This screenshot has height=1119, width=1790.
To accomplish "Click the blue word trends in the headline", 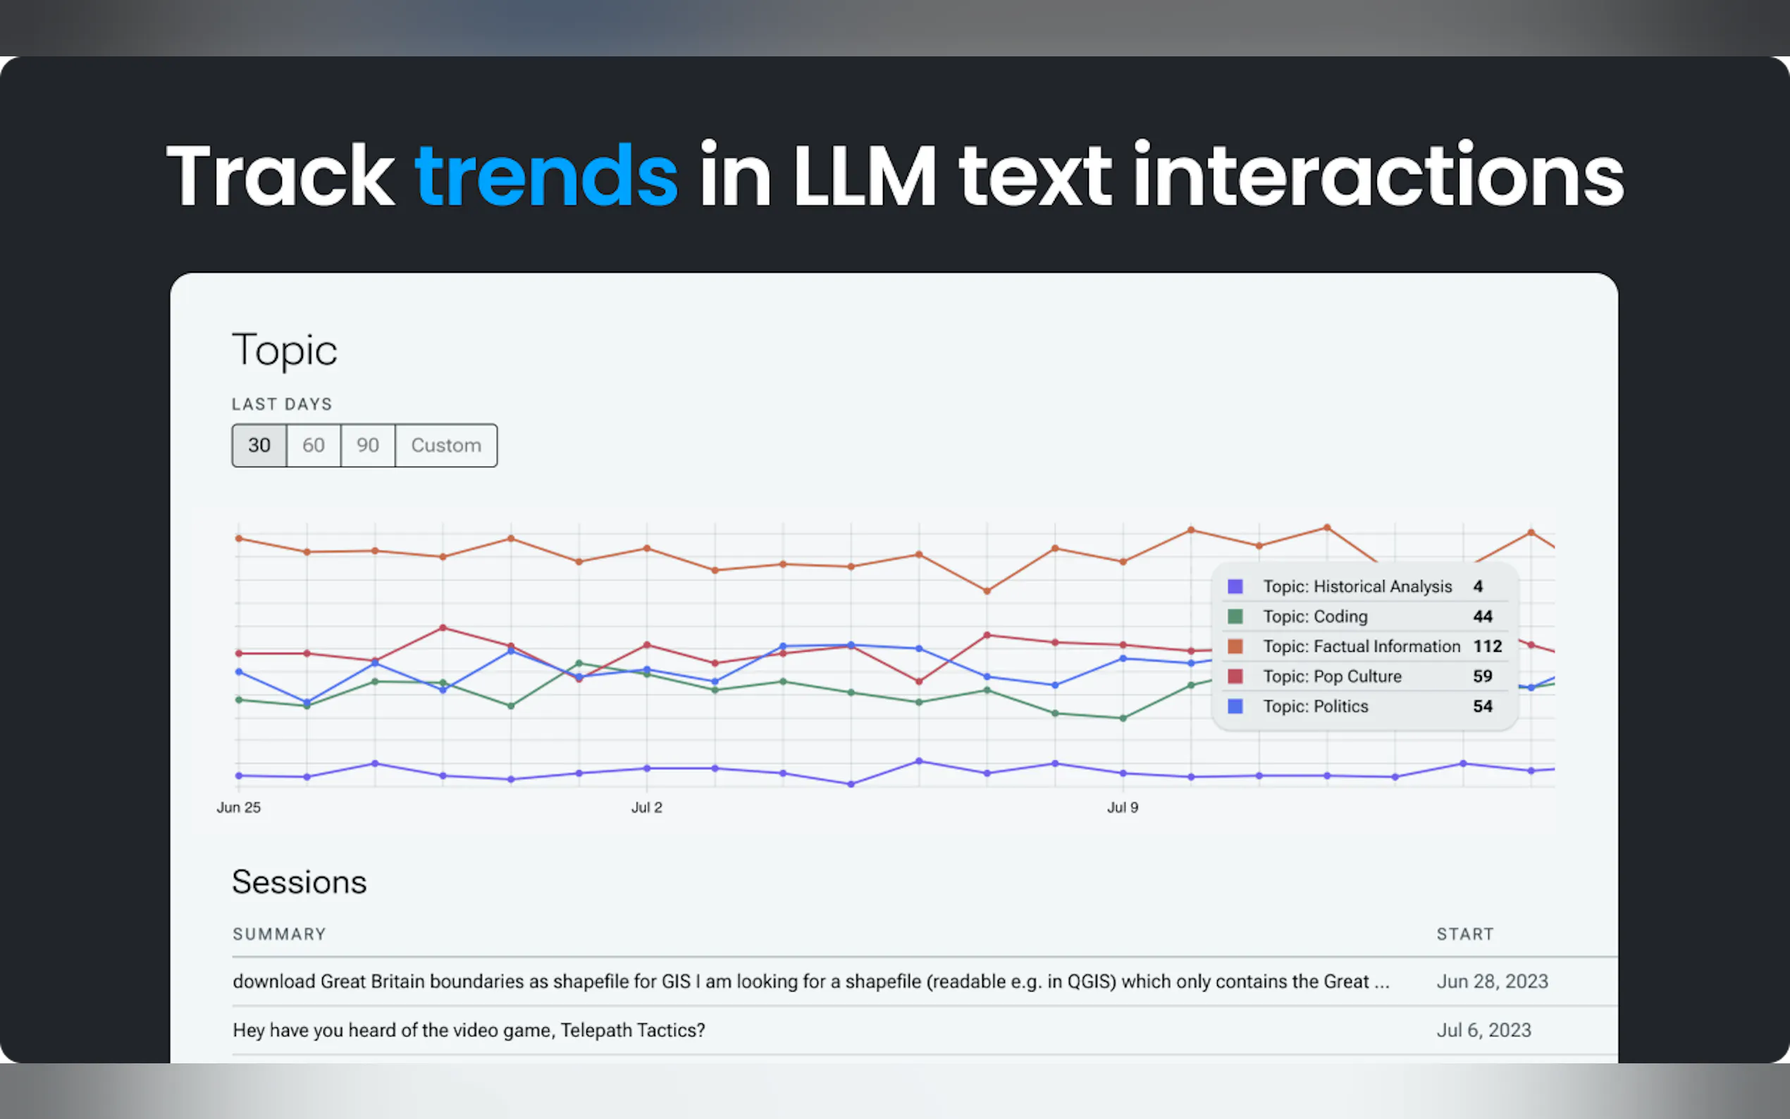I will (546, 176).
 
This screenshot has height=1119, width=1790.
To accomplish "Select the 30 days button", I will (259, 445).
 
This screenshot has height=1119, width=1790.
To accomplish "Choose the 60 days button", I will (313, 445).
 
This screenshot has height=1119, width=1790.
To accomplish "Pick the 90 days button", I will (368, 445).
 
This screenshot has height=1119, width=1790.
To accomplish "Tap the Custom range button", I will (446, 445).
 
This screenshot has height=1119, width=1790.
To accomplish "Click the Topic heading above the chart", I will (284, 350).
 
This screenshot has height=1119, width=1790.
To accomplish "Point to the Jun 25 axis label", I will (238, 808).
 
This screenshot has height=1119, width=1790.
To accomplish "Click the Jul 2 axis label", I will (646, 808).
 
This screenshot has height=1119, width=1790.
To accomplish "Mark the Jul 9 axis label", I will (1122, 808).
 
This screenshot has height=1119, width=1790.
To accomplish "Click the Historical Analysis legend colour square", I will (1235, 587).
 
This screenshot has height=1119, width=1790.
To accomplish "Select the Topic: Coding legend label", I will (1315, 617).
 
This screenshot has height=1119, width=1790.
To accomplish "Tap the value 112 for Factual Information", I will (1488, 647).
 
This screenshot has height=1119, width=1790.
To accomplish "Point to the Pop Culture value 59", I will (1482, 676).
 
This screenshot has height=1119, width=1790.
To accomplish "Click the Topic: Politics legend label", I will (1315, 707).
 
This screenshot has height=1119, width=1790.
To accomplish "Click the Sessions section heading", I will (299, 882).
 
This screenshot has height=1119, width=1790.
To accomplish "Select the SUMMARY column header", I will (279, 934).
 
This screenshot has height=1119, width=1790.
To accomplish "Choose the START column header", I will (1464, 934).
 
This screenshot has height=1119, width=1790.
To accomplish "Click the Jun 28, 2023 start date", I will (1492, 982).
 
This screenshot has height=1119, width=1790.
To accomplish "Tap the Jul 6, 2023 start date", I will (1483, 1030).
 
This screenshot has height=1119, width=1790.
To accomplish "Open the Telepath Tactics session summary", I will (469, 1030).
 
